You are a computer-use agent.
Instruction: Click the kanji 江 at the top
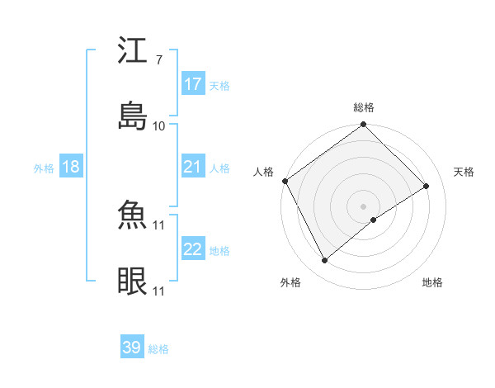coord(133,50)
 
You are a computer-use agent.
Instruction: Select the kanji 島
coord(133,116)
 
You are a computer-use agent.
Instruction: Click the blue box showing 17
coord(193,84)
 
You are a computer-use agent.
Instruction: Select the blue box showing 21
coord(193,167)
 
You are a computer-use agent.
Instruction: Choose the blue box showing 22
coord(193,249)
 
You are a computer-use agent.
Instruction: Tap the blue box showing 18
coord(71,167)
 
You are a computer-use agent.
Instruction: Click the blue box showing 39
coord(132,348)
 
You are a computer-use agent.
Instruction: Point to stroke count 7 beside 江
coord(158,60)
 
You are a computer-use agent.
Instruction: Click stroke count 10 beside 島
coord(158,125)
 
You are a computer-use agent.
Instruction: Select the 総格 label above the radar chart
coord(364,107)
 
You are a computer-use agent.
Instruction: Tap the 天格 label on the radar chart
coord(464,172)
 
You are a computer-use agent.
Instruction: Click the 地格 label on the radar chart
coord(432,282)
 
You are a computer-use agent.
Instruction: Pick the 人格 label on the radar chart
coord(264,172)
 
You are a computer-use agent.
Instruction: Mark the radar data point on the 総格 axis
coord(364,125)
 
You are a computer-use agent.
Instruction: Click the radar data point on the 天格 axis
coord(427,187)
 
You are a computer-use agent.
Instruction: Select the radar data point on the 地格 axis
coord(374,220)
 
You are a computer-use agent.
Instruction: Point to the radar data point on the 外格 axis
coord(325,261)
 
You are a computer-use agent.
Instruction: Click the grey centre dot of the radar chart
coord(364,205)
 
